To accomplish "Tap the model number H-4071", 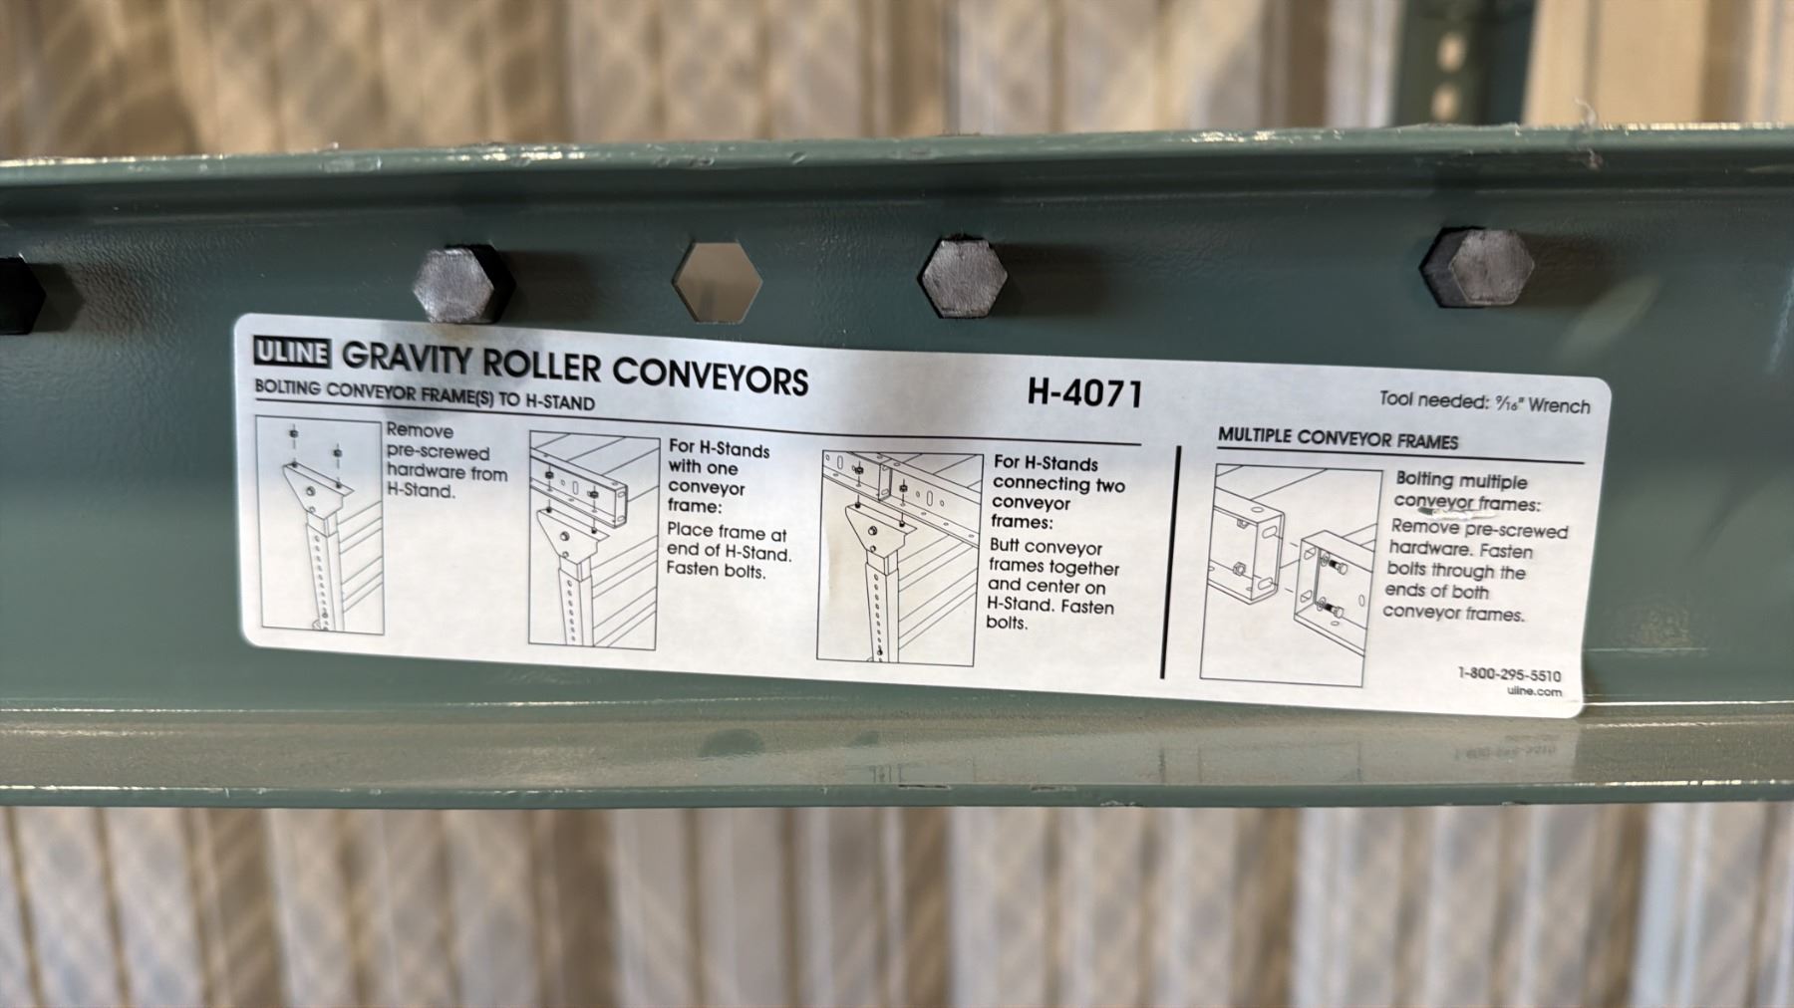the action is (1085, 393).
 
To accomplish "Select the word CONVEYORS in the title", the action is (710, 375).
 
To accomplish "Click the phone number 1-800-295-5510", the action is (1509, 674).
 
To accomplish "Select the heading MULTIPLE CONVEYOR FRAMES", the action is (1338, 439).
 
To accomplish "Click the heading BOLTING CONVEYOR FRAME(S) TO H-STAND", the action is (425, 395).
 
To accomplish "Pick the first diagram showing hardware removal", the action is (320, 523).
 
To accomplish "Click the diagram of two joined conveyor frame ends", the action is (1290, 575).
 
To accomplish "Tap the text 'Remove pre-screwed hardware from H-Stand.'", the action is (446, 461).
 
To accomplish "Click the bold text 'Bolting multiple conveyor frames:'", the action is (1467, 492).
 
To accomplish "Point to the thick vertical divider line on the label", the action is (1171, 563).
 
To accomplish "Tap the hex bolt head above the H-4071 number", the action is (964, 276).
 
